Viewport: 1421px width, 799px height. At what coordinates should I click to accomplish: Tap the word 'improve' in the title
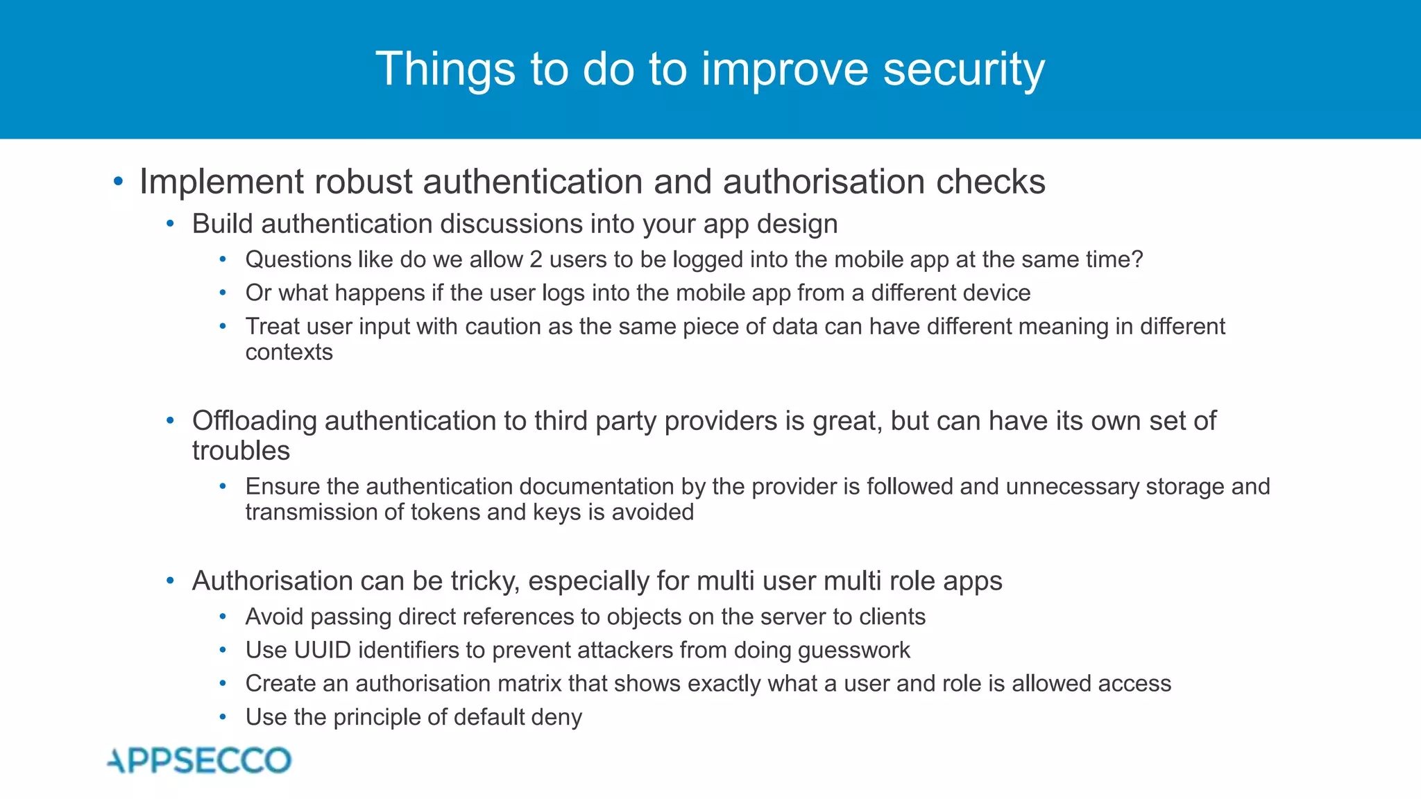[784, 69]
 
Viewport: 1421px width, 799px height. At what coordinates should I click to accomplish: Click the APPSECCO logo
[199, 760]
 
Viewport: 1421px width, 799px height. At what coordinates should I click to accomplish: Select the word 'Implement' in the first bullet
[221, 182]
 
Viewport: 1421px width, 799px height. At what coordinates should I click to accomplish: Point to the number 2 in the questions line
[536, 259]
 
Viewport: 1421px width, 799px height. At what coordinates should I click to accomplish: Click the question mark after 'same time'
[1137, 259]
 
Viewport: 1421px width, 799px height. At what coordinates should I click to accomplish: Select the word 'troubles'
[241, 451]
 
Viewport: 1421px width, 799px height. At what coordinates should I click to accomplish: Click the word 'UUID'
[322, 650]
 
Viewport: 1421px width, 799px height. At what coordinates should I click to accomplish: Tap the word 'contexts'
[289, 352]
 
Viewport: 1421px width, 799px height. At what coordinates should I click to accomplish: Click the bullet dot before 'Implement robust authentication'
[118, 182]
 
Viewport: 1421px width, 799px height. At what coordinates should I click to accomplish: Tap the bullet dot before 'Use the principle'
[223, 716]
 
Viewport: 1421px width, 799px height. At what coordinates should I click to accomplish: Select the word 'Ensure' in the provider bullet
[282, 487]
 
